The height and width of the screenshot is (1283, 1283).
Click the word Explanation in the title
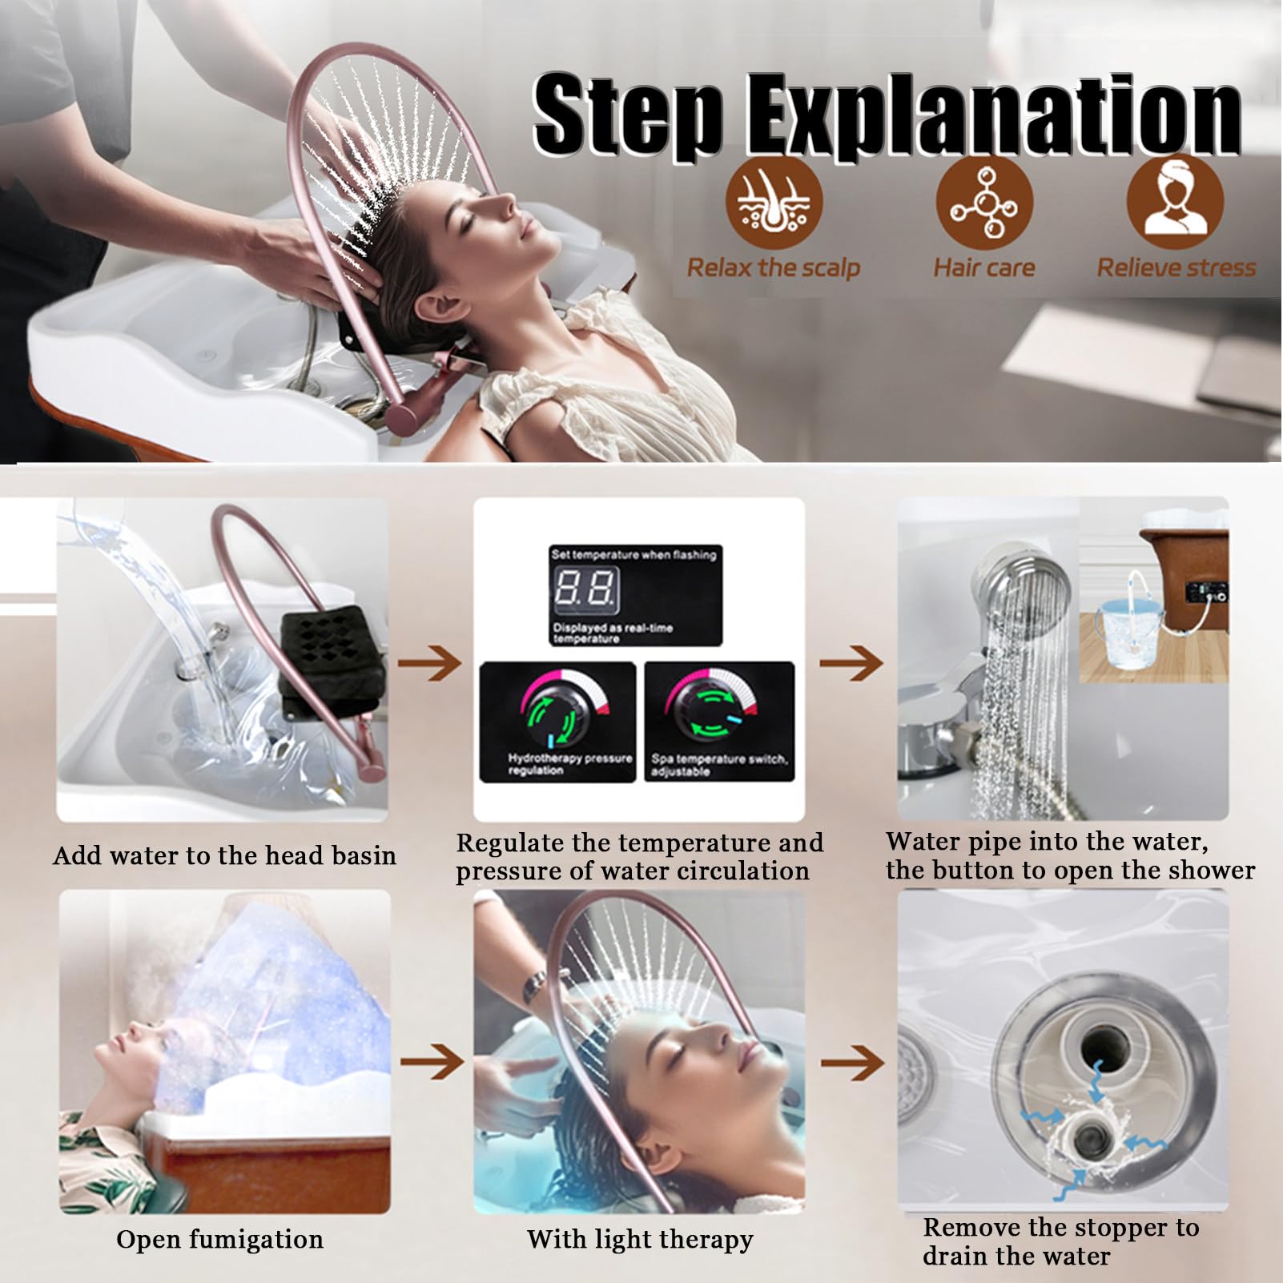[994, 114]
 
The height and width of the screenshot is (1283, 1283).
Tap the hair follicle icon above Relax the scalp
[774, 203]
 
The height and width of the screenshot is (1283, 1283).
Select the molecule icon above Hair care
[984, 203]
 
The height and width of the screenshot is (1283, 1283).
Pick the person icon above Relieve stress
[1175, 203]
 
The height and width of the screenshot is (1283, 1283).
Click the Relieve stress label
[1176, 267]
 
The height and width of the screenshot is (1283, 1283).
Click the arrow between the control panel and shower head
[851, 662]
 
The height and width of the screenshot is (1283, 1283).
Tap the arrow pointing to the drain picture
[853, 1063]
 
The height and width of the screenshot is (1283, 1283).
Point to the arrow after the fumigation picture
[432, 1063]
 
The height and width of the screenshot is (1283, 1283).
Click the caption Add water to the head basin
[224, 856]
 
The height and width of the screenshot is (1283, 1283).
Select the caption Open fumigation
[219, 1240]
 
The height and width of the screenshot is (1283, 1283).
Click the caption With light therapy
[640, 1240]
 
